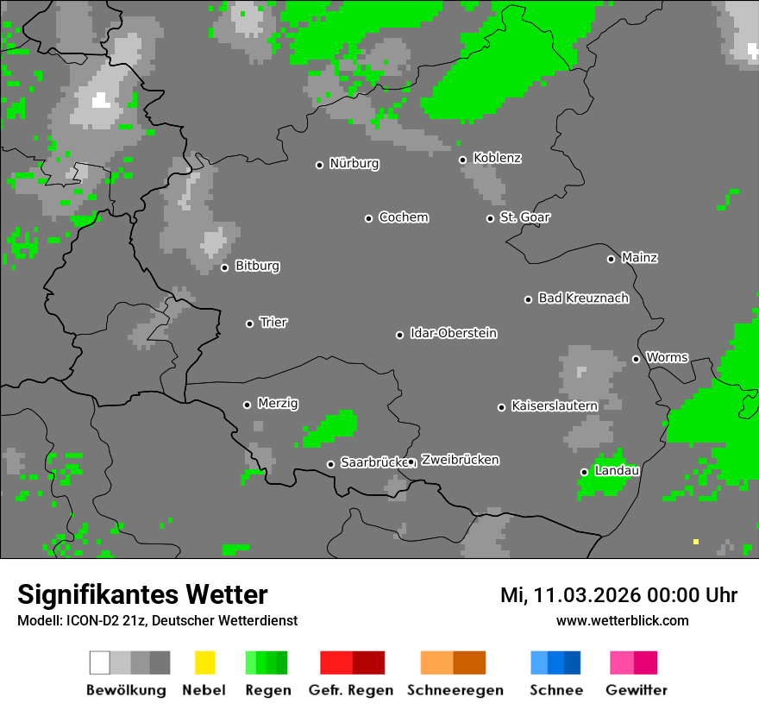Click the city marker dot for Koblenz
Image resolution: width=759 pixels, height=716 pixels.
coord(462,159)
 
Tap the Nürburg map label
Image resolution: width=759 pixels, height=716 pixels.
coord(354,163)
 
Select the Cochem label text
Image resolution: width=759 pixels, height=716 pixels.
coord(403,217)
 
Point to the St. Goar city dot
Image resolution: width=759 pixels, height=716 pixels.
coord(490,218)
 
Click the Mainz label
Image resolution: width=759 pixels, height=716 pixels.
coord(639,258)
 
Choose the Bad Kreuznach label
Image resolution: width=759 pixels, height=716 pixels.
coord(583,298)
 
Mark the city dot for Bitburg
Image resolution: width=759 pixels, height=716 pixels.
coord(224,267)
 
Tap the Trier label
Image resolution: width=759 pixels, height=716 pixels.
coord(273,323)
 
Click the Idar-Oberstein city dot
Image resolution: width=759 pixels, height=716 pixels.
coord(399,335)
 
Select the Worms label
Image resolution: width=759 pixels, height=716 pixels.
coord(667,357)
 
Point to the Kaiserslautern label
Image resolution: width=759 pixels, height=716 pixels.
coord(554,405)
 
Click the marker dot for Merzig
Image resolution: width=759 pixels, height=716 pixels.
coord(247,405)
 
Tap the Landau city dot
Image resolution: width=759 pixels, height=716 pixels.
coord(584,472)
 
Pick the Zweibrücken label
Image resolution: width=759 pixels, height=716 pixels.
coord(460,460)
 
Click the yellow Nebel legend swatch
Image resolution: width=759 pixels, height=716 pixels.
coord(204,663)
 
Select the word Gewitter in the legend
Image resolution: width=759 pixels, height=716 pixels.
coord(637,690)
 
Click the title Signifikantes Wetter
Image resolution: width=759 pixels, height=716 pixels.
coord(142,594)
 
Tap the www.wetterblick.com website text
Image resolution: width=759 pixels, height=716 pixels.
coord(622,620)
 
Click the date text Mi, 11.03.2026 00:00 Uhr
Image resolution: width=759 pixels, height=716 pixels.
coord(618,595)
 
